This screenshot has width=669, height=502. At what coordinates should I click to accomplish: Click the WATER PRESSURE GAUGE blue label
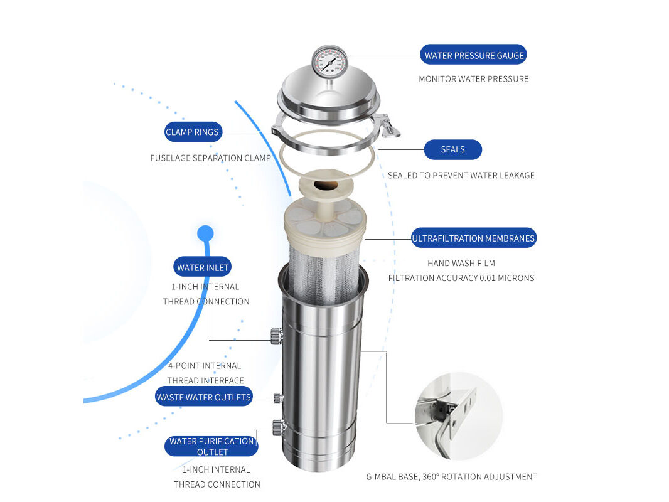click(x=474, y=55)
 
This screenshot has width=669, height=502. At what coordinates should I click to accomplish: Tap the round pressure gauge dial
click(x=329, y=62)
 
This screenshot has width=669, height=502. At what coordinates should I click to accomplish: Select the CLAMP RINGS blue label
click(x=192, y=132)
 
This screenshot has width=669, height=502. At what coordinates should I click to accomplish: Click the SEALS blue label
click(x=452, y=149)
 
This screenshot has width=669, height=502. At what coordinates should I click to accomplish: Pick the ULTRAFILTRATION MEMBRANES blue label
click(x=473, y=238)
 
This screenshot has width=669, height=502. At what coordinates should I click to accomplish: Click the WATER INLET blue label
click(x=203, y=267)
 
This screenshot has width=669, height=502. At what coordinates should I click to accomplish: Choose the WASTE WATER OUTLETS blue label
click(x=203, y=397)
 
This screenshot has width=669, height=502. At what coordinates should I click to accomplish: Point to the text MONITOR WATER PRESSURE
click(x=473, y=79)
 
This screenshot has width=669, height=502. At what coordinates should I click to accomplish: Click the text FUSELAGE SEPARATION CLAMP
click(x=210, y=158)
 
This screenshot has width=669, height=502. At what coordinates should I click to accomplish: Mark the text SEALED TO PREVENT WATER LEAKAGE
click(x=461, y=176)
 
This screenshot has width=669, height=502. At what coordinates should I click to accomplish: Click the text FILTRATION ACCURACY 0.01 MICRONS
click(x=461, y=278)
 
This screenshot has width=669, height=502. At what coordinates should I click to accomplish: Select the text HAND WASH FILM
click(x=461, y=263)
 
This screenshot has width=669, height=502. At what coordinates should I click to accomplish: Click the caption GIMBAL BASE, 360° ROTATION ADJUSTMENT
click(x=451, y=477)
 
